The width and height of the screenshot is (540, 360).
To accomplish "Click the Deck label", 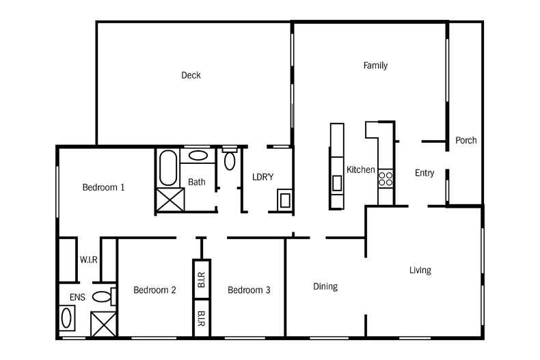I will click(x=191, y=75).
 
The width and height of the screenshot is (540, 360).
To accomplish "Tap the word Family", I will click(x=375, y=66).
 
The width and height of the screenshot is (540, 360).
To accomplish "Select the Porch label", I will click(x=465, y=140).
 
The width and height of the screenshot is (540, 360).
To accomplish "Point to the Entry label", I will click(x=424, y=173).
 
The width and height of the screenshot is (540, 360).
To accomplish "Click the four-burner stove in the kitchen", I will click(x=386, y=178).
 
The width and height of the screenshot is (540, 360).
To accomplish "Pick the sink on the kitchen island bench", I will click(x=337, y=183).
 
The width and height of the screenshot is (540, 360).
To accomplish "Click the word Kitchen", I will click(x=360, y=169).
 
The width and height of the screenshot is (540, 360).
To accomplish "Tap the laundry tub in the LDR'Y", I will click(x=284, y=200).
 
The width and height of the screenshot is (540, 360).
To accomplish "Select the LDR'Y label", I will click(x=262, y=177).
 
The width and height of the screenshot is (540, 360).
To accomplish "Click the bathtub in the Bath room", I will click(x=167, y=168).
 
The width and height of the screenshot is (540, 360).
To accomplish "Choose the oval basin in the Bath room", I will click(x=198, y=156).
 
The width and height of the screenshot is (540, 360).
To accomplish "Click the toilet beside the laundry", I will click(x=229, y=158).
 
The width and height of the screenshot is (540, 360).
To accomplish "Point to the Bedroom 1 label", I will click(x=103, y=187).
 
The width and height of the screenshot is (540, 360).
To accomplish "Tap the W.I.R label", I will click(x=87, y=260).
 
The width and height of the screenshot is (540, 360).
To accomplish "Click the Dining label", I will click(x=325, y=286).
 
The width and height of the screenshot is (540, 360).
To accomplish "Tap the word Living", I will click(x=420, y=270).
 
